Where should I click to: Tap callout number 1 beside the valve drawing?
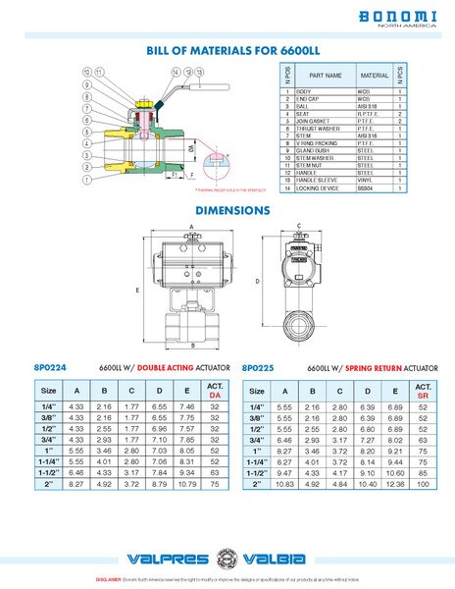86,181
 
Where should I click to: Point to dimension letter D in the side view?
257,281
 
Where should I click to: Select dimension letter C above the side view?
296,226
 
